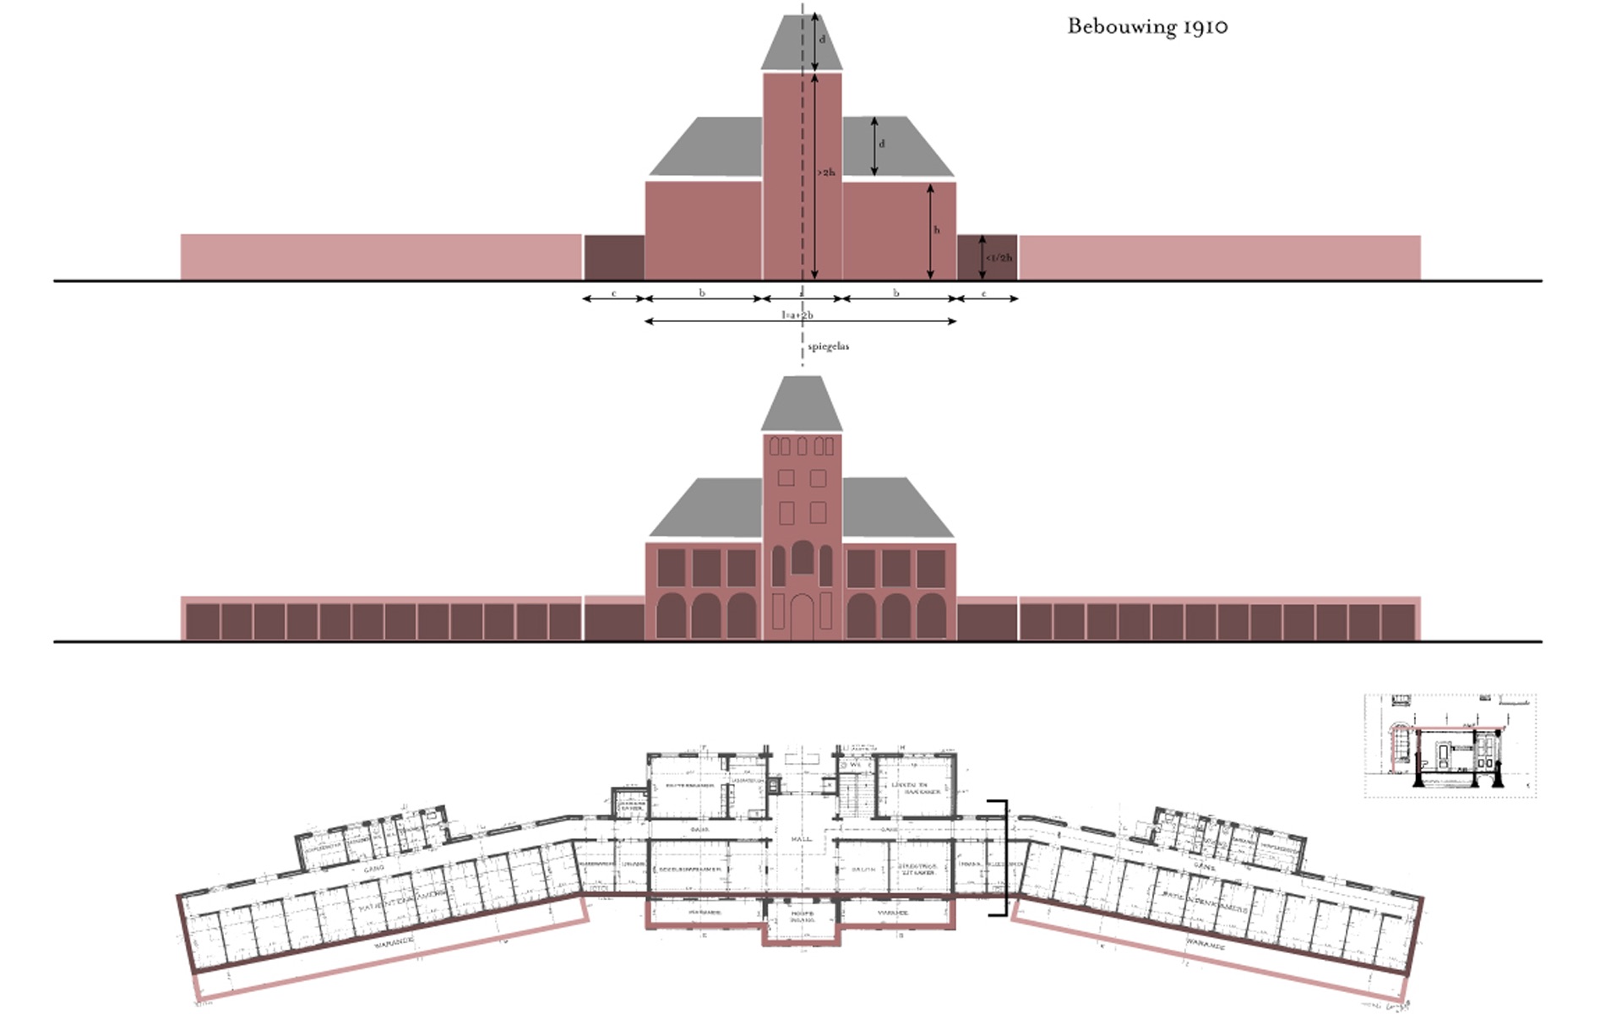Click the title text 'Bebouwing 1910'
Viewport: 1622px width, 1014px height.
[1147, 26]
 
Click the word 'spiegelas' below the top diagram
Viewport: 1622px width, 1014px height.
[828, 346]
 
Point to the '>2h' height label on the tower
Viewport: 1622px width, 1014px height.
[826, 172]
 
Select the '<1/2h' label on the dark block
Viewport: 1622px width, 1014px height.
[999, 258]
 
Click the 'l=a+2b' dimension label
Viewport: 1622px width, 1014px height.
[797, 315]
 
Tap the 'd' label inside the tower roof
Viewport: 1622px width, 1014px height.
[822, 40]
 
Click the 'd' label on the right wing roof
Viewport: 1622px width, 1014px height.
[882, 144]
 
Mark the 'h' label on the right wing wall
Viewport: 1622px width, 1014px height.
[936, 230]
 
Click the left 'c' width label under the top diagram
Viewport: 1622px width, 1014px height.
[614, 294]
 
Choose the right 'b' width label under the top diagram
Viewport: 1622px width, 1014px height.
[896, 293]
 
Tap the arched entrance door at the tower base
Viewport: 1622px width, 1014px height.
[801, 617]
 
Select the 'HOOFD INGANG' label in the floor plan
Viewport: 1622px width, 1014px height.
[802, 916]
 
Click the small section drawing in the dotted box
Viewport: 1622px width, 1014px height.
[1450, 746]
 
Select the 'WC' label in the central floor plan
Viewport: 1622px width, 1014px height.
[855, 764]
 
